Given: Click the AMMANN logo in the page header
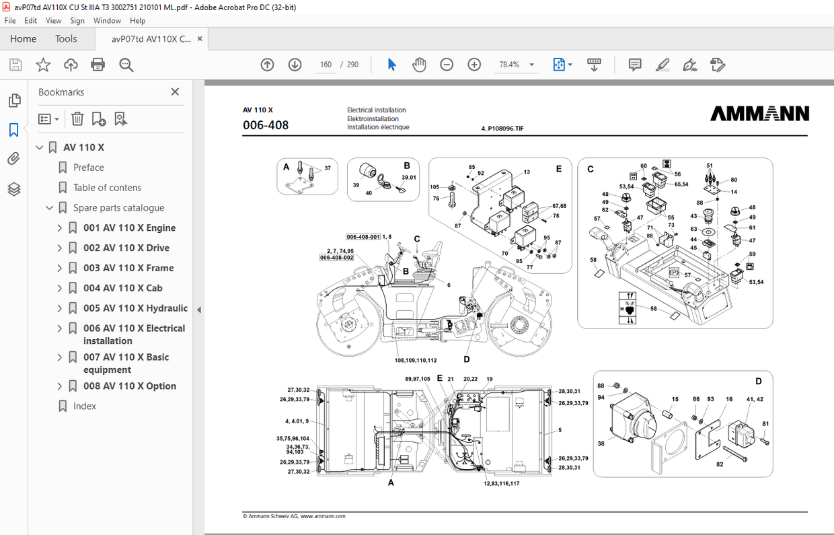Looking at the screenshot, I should click(x=759, y=114).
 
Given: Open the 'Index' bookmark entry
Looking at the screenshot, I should click(x=85, y=406).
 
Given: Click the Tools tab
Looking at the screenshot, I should click(x=66, y=39).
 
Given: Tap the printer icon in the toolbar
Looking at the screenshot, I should click(x=98, y=65).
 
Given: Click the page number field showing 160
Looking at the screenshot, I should click(x=326, y=65).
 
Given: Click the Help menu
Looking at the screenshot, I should click(x=137, y=21).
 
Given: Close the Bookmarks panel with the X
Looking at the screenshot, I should click(x=175, y=92).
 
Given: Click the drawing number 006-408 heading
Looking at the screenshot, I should click(x=266, y=124).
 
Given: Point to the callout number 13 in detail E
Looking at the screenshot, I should click(x=527, y=172).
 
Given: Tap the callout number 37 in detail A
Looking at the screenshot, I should click(x=328, y=168).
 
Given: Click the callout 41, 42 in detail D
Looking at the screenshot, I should click(x=755, y=399).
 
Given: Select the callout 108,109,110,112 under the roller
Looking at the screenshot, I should click(x=416, y=361).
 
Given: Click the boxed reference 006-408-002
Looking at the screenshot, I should click(x=336, y=258).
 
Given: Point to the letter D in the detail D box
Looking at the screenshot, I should click(x=758, y=382).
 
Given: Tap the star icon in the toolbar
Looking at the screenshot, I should click(x=43, y=65).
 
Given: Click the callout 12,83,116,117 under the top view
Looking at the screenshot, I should click(x=501, y=483).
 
